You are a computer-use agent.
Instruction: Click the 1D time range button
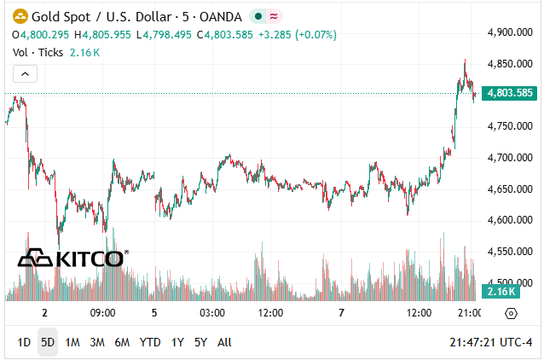point(24,342)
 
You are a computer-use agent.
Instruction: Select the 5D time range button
point(48,342)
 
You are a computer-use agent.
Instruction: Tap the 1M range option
point(72,342)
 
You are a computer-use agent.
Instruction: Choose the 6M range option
point(122,342)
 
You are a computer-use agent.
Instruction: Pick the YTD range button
point(150,342)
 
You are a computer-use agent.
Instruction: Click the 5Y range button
point(200,342)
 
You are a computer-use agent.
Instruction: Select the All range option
point(224,342)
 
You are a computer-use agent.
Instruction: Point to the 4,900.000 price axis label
point(509,32)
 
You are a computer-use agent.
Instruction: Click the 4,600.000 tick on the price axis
point(509,220)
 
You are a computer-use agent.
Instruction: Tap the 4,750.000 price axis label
point(509,126)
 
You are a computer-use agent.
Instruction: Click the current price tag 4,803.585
point(509,93)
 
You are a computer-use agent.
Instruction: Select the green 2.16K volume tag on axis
point(496,292)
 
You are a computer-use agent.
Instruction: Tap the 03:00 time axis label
point(211,313)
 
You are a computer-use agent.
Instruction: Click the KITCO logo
point(73,258)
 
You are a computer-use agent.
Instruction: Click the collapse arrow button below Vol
point(25,74)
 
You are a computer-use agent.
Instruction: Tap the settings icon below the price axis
point(511,313)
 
